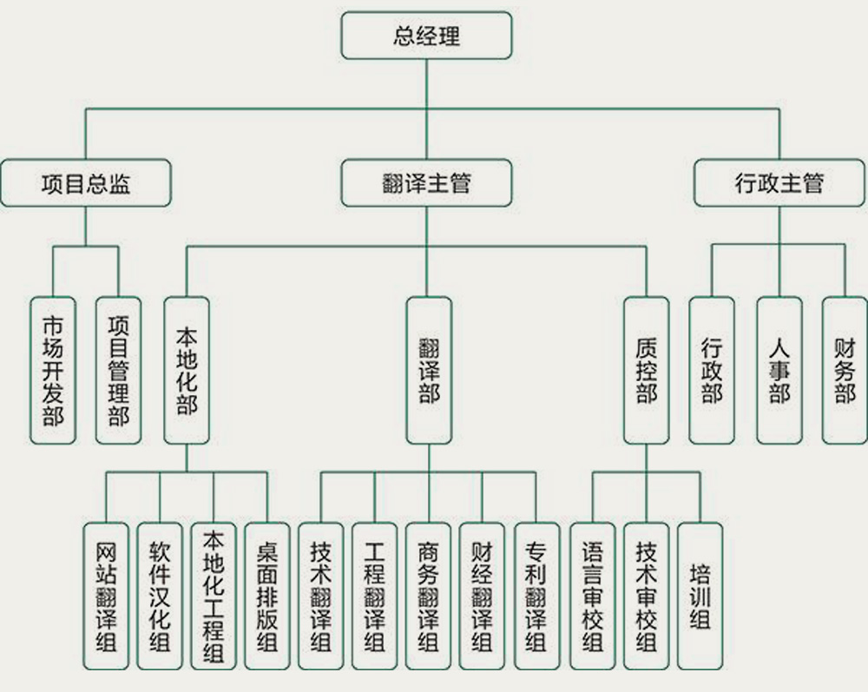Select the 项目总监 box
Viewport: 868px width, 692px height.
pyautogui.click(x=85, y=183)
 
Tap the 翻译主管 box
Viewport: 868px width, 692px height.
pyautogui.click(x=426, y=183)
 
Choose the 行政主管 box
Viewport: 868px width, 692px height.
pyautogui.click(x=779, y=183)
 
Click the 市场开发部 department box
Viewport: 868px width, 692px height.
pyautogui.click(x=52, y=371)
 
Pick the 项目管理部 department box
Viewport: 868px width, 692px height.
pyautogui.click(x=118, y=371)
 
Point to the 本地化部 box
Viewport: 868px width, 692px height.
pyautogui.click(x=187, y=371)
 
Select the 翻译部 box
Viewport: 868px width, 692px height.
pyautogui.click(x=429, y=371)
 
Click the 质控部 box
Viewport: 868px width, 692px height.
pyautogui.click(x=647, y=371)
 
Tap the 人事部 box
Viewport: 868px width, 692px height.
pyautogui.click(x=779, y=371)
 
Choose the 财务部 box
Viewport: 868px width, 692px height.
pyautogui.click(x=845, y=371)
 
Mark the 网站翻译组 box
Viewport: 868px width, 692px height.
pyautogui.click(x=107, y=596)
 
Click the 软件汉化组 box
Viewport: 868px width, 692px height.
pyautogui.click(x=161, y=596)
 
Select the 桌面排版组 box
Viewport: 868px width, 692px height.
pyautogui.click(x=267, y=596)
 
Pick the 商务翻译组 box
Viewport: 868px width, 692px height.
pyautogui.click(x=428, y=596)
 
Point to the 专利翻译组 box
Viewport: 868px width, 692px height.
pyautogui.click(x=536, y=596)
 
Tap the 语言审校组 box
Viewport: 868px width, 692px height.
pyautogui.click(x=592, y=596)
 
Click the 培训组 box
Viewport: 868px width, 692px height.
pyautogui.click(x=700, y=596)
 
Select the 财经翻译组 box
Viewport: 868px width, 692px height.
pyautogui.click(x=482, y=596)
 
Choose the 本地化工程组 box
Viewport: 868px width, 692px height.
pyautogui.click(x=214, y=596)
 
